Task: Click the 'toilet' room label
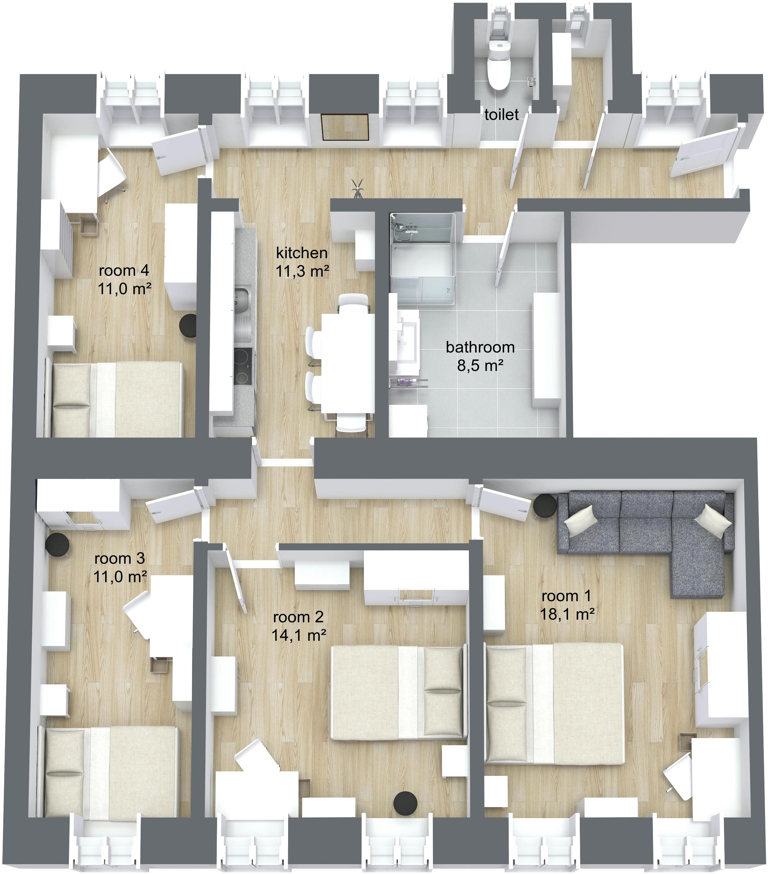(x=501, y=115)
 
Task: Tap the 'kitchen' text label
(x=302, y=253)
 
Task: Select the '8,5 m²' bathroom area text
(x=480, y=366)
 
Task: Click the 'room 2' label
(x=298, y=617)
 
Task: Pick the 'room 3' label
(x=120, y=558)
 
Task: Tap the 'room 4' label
(x=124, y=270)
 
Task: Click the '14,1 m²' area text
(x=299, y=635)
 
